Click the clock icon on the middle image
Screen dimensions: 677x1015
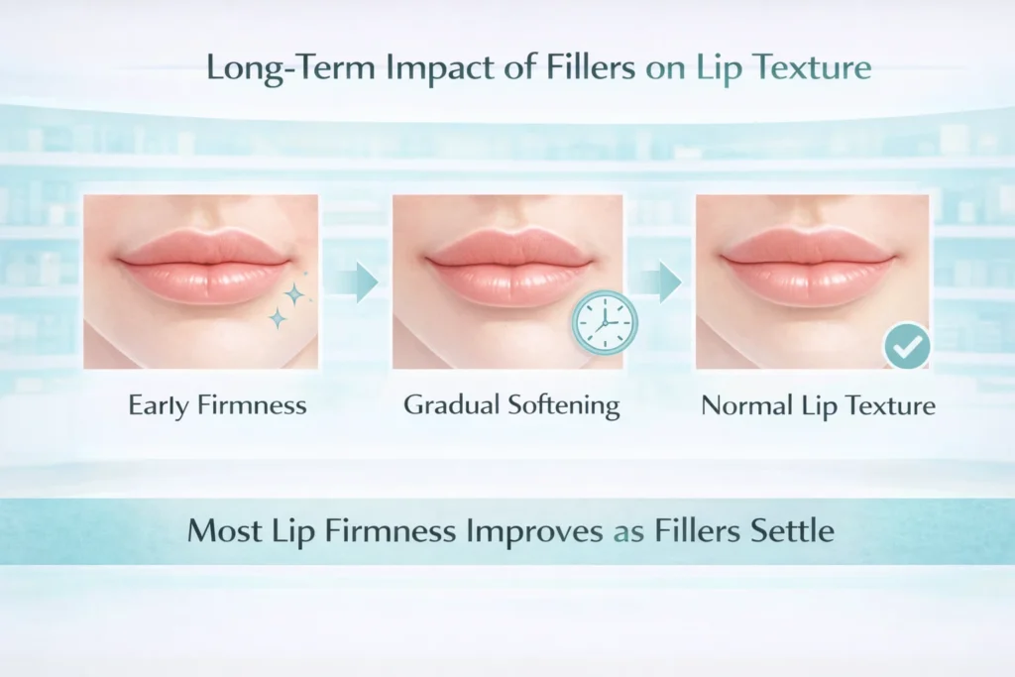pos(605,323)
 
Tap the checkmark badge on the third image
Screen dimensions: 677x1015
pos(907,346)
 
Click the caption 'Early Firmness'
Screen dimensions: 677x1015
pos(217,405)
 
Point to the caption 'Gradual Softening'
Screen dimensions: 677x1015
pos(511,405)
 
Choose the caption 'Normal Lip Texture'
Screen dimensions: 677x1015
pos(818,405)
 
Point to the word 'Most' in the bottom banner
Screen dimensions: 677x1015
pos(225,530)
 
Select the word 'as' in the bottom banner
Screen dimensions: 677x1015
pos(622,531)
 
